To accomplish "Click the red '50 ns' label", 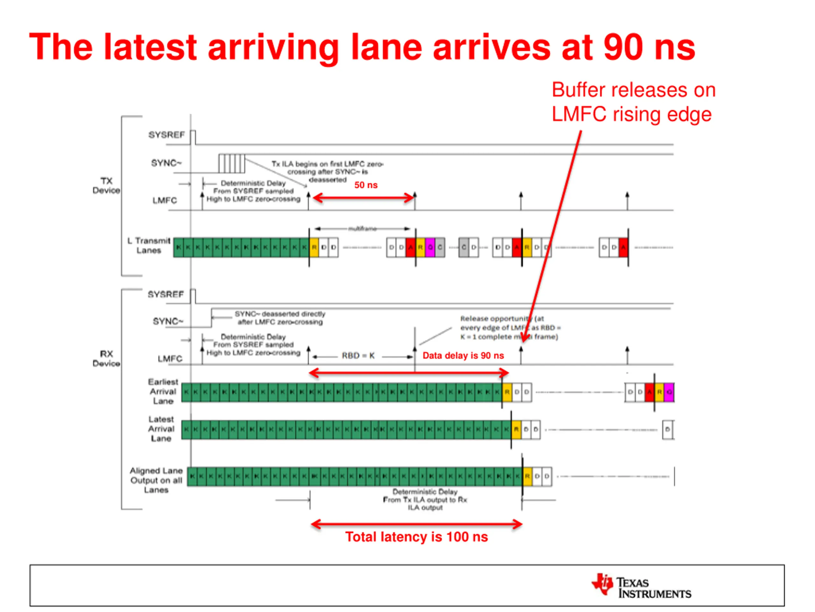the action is point(365,185).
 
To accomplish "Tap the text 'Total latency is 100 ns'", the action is point(416,537).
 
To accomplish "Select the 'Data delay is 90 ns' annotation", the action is point(463,356).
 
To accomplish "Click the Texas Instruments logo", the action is point(641,585).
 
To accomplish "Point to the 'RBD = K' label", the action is point(358,356).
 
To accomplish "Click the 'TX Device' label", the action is point(106,186).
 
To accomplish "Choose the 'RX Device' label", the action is point(106,359).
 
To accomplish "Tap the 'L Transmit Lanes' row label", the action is point(149,246).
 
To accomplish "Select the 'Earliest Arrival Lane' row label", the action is point(163,391).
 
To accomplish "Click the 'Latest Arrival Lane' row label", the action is point(161,429).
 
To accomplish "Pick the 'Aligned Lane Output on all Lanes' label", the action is point(156,480).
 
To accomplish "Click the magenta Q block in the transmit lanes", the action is point(430,247).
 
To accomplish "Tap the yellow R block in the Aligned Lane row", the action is point(528,476).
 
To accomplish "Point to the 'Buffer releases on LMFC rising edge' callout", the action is point(633,102).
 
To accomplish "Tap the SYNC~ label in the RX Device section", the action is point(168,321).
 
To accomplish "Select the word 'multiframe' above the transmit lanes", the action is point(362,229).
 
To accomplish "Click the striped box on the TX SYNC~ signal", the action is point(231,164).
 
